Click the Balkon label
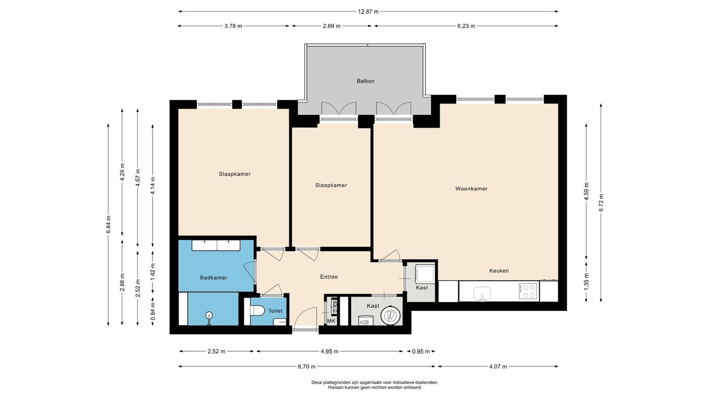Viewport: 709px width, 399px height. point(365,81)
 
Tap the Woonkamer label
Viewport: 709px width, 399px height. point(471,189)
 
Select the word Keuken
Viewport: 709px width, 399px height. point(499,271)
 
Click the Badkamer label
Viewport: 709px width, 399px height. point(214,278)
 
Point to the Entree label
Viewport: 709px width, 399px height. point(329,277)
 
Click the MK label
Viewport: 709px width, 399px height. point(331,321)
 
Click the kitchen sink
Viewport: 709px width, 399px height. point(482,294)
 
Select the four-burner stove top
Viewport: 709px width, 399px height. point(528,291)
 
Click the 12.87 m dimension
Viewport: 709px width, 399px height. point(368,12)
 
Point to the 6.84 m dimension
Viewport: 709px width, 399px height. point(108,225)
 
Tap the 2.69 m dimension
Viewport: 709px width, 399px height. point(332,26)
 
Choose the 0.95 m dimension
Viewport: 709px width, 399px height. point(421,351)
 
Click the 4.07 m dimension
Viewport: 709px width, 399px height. point(498,366)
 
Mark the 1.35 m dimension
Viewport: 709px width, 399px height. point(586,281)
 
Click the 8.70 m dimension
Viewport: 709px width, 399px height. point(306,366)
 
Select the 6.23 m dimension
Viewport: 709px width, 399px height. point(466,26)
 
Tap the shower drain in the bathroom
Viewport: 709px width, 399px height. point(209,315)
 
